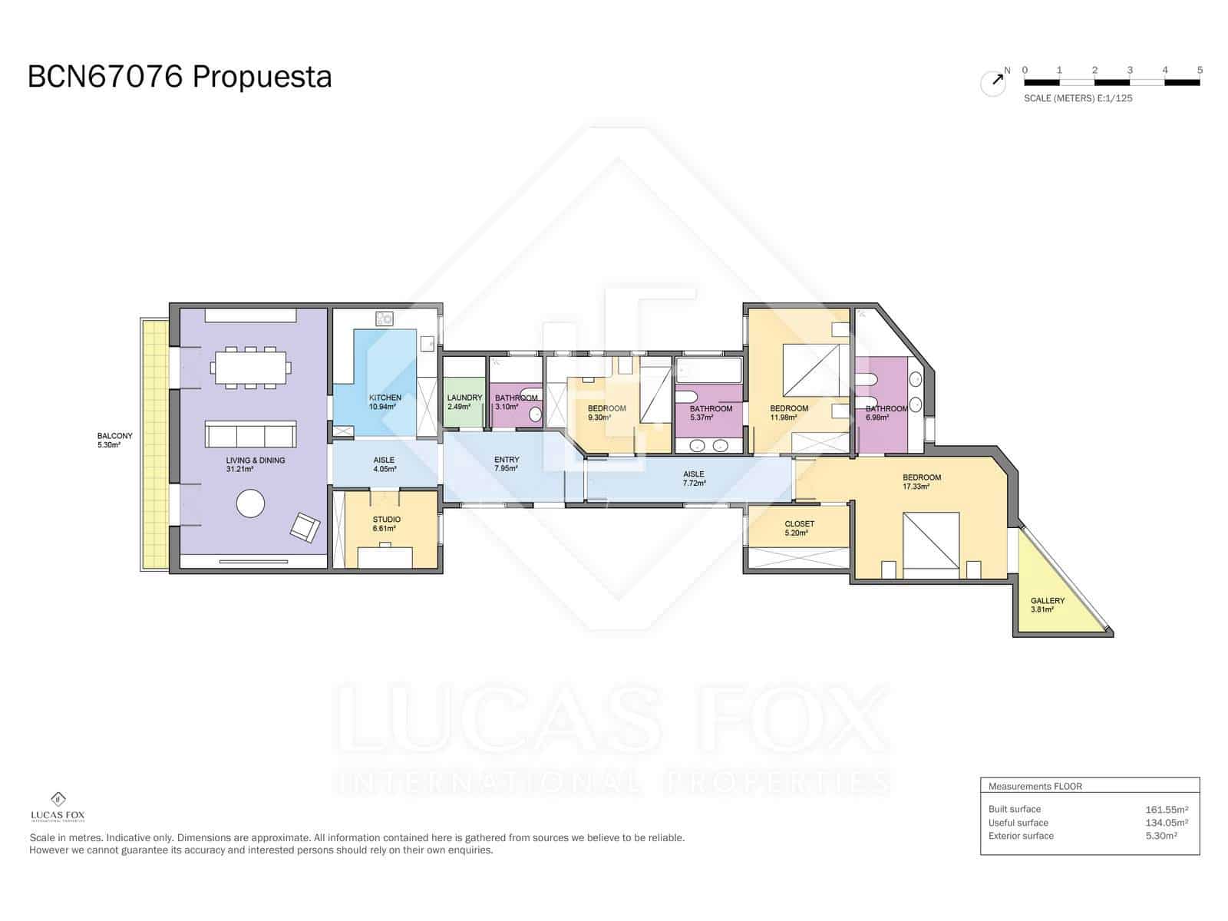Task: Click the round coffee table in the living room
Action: [250, 503]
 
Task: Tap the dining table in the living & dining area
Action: [252, 368]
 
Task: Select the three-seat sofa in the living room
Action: [250, 435]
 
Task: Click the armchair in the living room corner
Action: [305, 527]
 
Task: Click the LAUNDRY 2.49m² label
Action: [464, 401]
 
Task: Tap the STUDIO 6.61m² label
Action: [386, 523]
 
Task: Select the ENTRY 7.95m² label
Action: [506, 464]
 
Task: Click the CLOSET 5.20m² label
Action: [799, 528]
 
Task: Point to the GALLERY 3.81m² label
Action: [1047, 605]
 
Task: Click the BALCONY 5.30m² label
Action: [114, 440]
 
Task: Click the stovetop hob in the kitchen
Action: [384, 319]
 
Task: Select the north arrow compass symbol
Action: [994, 81]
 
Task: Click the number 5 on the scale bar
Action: [1200, 70]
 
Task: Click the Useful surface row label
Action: [1018, 823]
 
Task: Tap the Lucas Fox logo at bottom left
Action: [58, 806]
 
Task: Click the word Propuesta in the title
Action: [261, 77]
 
